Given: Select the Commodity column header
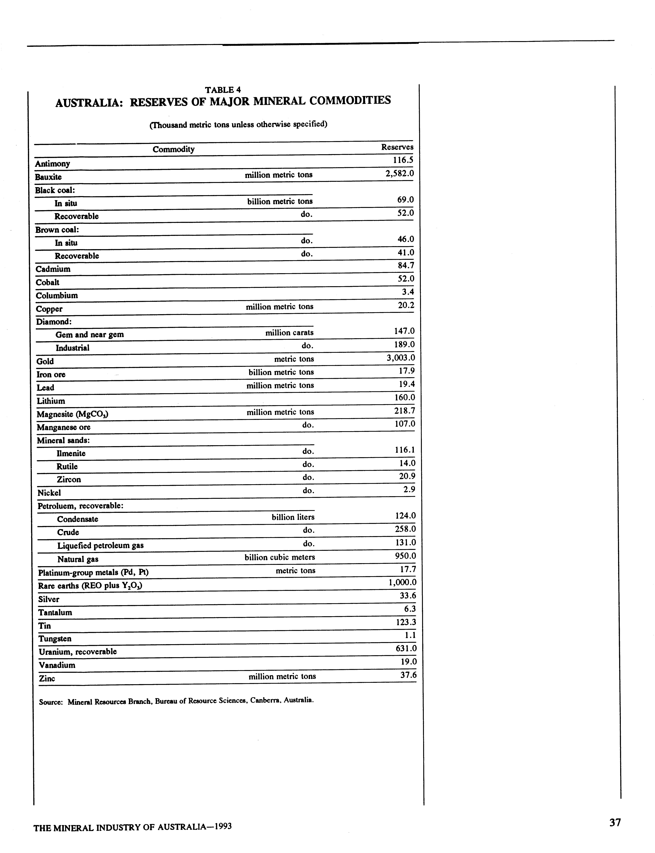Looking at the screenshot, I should (x=173, y=149).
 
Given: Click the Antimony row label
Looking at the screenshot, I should (x=52, y=164).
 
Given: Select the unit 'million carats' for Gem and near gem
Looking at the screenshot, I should (x=289, y=333).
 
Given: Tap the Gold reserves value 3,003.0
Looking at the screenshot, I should (x=400, y=358).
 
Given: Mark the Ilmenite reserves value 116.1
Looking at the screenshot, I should (x=405, y=450).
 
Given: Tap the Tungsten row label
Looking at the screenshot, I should (x=55, y=639).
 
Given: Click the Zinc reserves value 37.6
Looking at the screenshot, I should (x=408, y=675).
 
